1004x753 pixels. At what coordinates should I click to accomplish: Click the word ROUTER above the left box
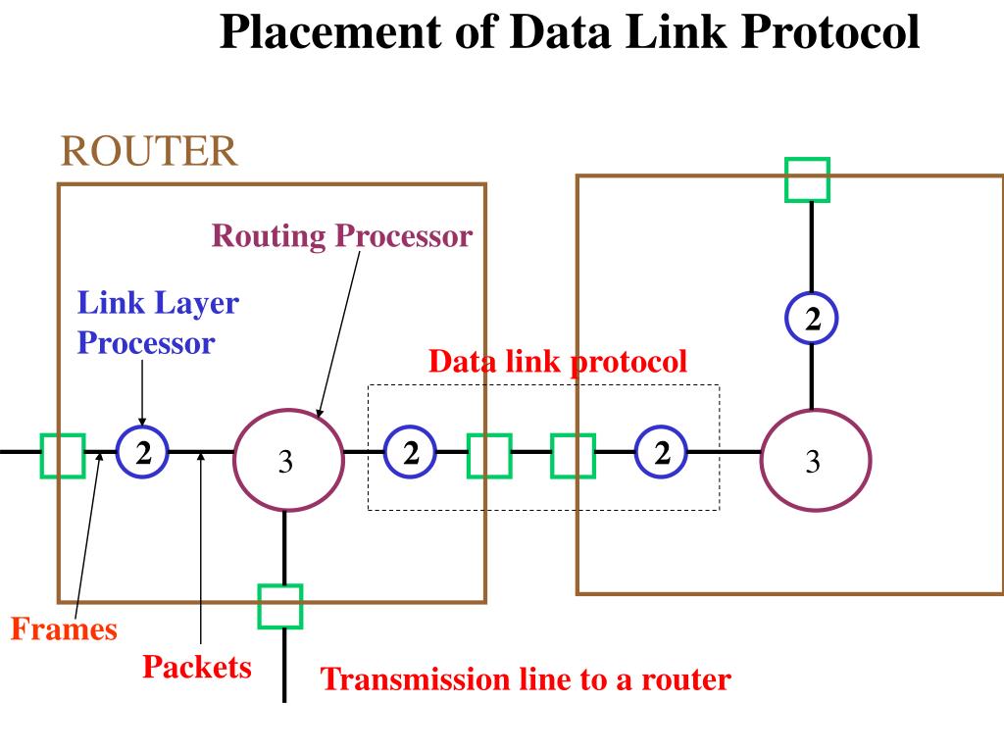tap(149, 151)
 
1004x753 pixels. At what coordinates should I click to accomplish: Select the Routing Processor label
tap(342, 235)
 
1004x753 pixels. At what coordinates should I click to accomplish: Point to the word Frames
tap(64, 628)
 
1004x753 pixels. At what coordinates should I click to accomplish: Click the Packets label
tap(196, 667)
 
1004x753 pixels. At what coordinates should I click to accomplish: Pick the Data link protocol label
tap(558, 362)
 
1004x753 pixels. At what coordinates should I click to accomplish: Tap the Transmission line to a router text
tap(526, 678)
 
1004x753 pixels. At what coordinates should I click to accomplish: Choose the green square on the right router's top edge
tap(808, 180)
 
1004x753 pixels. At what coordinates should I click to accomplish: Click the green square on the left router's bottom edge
tap(279, 606)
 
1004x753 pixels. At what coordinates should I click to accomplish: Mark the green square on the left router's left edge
tap(63, 456)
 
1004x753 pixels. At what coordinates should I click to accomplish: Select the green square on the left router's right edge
tap(489, 456)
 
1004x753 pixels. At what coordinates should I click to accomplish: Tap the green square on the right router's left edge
tap(573, 456)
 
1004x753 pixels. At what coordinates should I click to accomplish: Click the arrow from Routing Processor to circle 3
tap(338, 334)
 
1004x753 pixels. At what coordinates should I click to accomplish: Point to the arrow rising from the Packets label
tap(201, 548)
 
